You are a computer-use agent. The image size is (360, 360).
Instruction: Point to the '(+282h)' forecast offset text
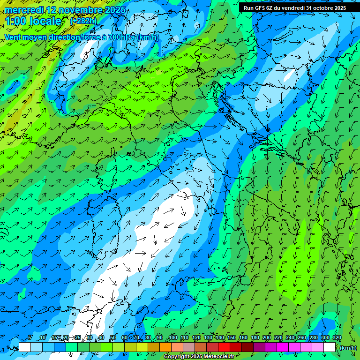(x=83, y=21)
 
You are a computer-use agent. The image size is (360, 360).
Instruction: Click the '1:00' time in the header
(x=15, y=22)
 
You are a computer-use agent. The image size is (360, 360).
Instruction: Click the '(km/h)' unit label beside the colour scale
(x=348, y=347)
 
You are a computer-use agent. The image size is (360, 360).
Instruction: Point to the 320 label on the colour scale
(x=337, y=337)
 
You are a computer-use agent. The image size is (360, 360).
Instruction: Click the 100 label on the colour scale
(x=173, y=337)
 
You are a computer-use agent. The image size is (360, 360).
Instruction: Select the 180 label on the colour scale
(x=255, y=337)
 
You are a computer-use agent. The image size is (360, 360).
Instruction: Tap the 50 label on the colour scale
(x=113, y=337)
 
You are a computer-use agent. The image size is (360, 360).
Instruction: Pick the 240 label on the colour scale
(x=290, y=337)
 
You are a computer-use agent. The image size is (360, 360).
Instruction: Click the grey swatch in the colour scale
(x=188, y=347)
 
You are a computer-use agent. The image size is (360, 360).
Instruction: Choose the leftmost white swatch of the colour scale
(x=25, y=347)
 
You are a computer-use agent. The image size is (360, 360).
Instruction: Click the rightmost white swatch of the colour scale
(x=330, y=347)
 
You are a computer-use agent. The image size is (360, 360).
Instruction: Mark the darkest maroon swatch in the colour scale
(x=247, y=347)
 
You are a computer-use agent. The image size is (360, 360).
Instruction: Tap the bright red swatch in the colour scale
(x=224, y=347)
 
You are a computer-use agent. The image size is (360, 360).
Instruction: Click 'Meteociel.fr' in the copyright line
(x=219, y=357)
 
